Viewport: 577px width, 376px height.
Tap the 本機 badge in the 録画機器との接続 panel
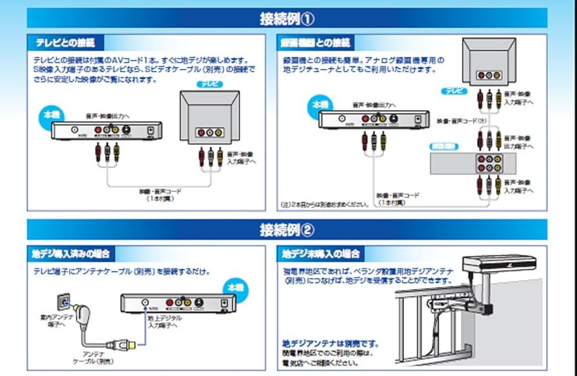321,103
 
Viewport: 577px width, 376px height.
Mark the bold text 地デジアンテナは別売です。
330,343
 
